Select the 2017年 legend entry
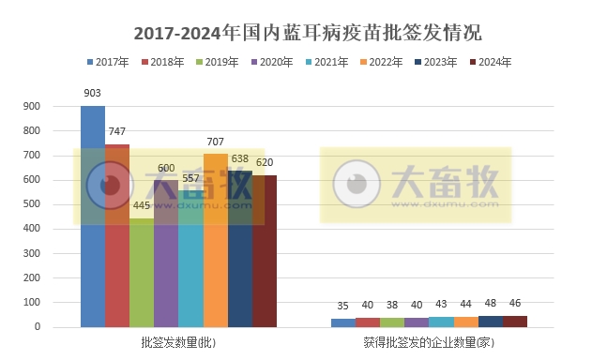point(108,62)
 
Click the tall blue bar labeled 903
point(93,216)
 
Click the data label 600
point(166,169)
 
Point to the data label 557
point(191,178)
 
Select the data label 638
point(240,158)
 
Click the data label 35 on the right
point(343,306)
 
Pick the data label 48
point(490,303)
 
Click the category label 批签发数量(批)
point(179,343)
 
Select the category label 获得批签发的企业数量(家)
point(429,343)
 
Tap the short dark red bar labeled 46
point(514,322)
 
